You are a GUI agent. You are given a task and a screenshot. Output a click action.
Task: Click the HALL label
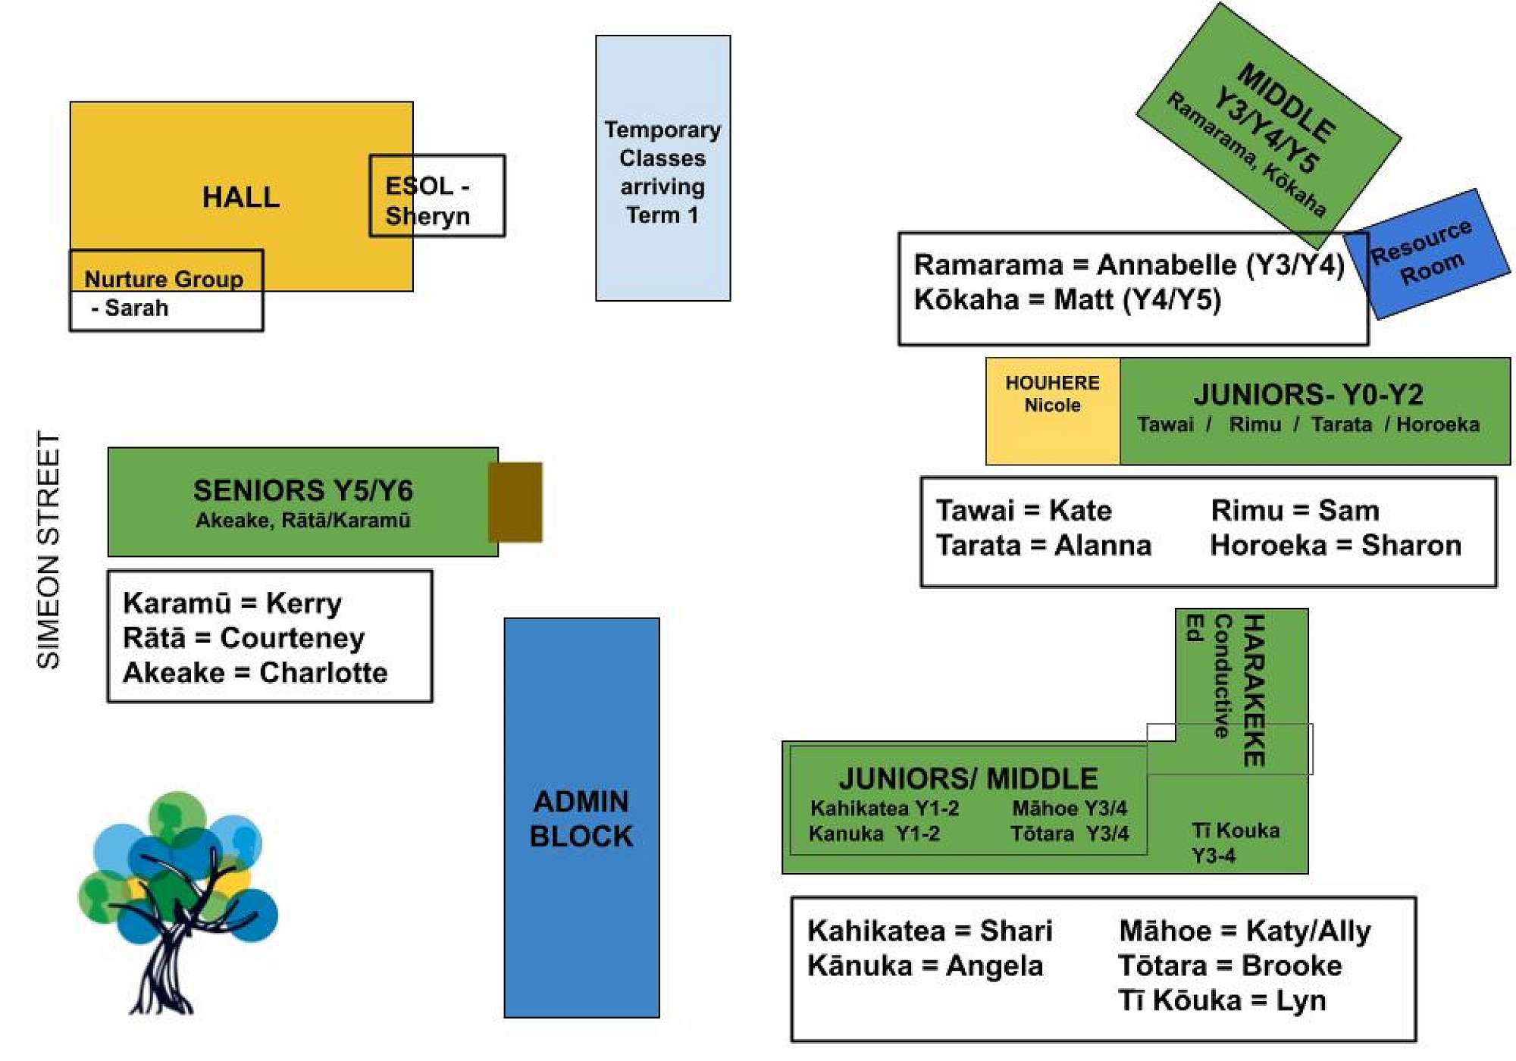[x=240, y=198]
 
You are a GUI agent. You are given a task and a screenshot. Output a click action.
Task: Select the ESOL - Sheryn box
[x=437, y=196]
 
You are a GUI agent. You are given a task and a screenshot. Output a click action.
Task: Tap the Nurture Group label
[x=164, y=280]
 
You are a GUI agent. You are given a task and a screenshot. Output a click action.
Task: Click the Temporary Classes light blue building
[x=662, y=168]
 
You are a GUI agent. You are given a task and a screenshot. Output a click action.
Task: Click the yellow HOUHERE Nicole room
[x=1052, y=410]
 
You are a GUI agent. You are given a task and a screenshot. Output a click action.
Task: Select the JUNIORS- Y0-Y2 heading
[x=1308, y=395]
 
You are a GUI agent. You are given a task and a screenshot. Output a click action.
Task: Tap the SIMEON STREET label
[x=49, y=550]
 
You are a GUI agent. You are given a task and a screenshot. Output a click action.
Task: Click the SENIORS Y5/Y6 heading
[x=303, y=491]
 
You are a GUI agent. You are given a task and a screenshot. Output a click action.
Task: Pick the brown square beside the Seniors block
[x=515, y=502]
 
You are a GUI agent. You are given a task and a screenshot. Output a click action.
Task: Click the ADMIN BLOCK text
[x=581, y=819]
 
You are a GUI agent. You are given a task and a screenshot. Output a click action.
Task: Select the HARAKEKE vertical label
[x=1254, y=690]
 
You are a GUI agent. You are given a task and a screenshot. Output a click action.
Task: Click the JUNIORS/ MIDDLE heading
[x=968, y=779]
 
